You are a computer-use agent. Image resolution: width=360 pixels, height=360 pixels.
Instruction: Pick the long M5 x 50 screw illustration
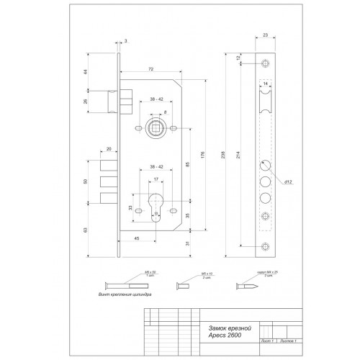tap(122, 286)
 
